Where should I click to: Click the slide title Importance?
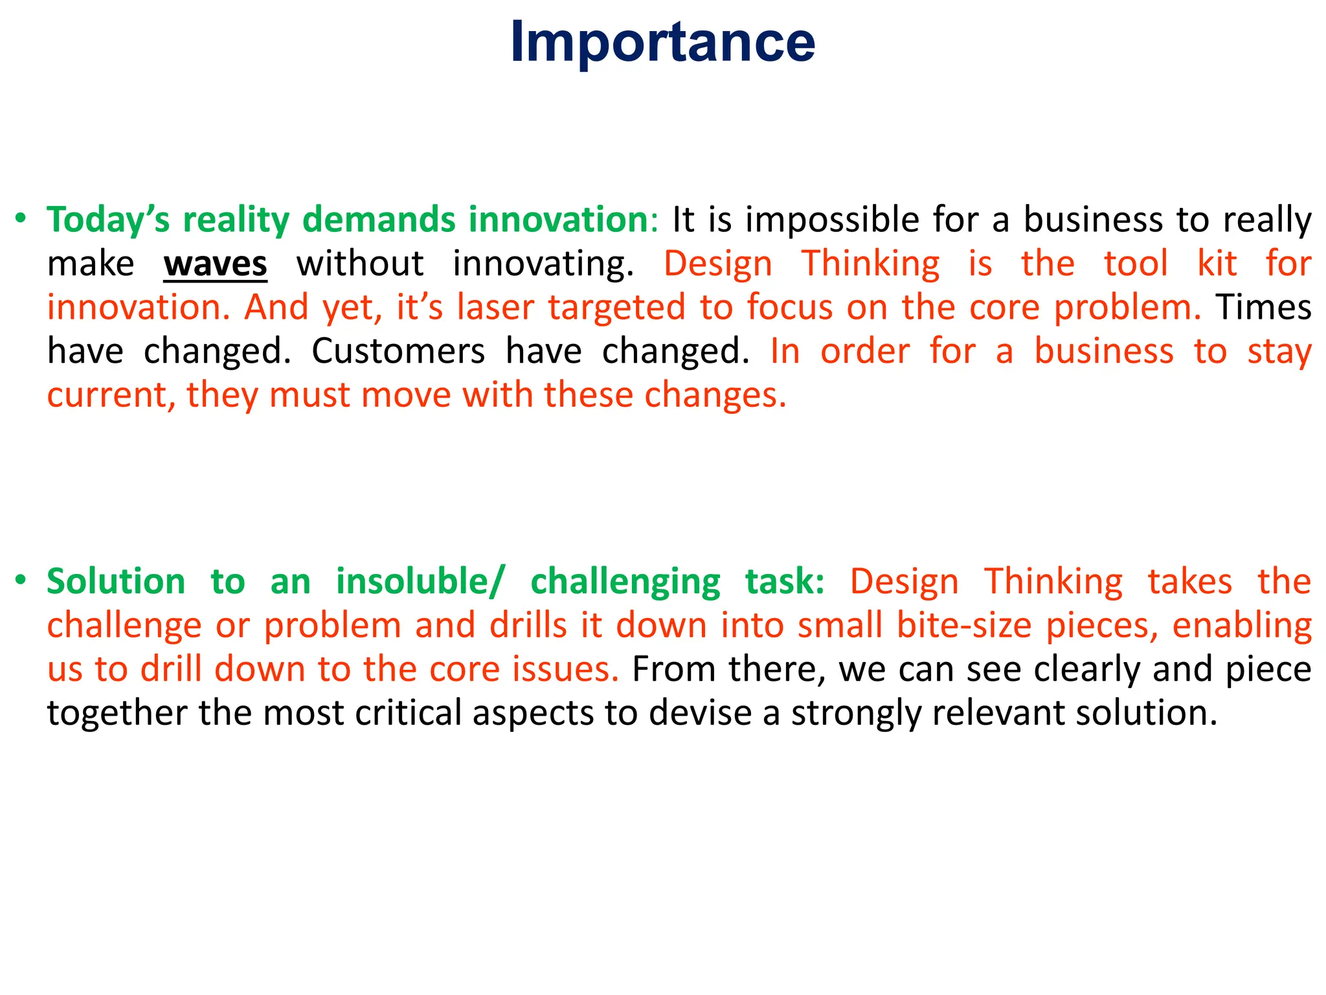pos(662,43)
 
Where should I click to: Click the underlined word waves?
pos(215,264)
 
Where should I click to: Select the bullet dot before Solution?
pos(21,580)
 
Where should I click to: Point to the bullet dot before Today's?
pos(21,218)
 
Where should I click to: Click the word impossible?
pos(832,220)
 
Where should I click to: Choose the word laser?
pos(495,308)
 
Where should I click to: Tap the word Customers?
pos(398,352)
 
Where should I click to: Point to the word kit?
pos(1217,264)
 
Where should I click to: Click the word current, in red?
pos(111,395)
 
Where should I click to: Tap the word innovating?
pos(543,264)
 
